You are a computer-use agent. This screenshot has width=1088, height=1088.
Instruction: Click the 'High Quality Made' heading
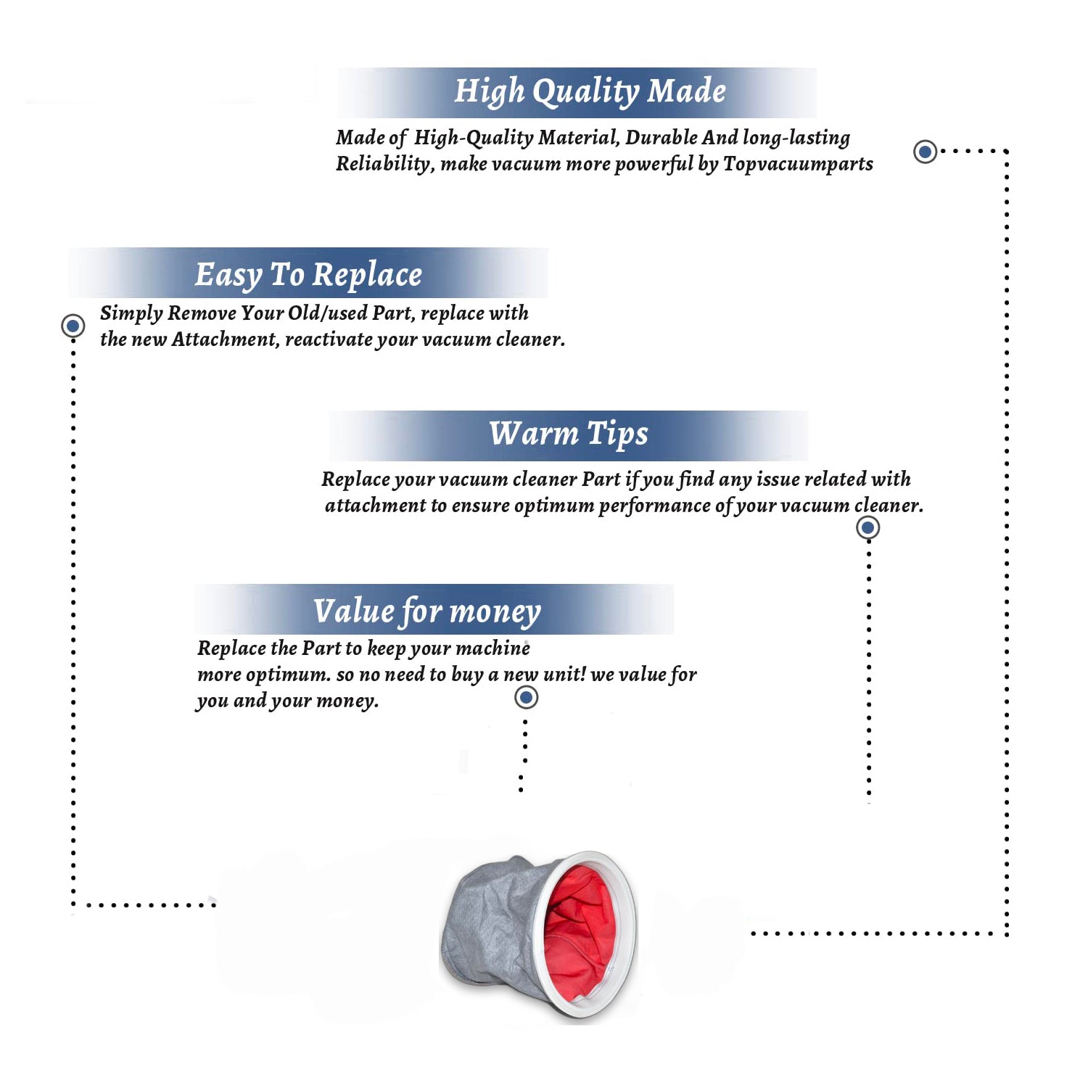pos(590,92)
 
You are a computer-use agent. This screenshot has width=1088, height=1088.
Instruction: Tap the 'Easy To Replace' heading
pos(308,275)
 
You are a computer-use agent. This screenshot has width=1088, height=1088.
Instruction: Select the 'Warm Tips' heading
pos(569,434)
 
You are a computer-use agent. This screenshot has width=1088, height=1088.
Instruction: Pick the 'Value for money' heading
pos(427,611)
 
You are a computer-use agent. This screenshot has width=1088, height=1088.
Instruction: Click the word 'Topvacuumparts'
pos(798,164)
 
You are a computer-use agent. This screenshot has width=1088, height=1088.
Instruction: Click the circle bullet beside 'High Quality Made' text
pos(925,152)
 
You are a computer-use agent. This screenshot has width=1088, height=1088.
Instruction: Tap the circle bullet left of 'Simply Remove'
pos(73,326)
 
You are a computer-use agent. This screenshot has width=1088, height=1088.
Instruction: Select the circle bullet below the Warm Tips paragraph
pos(867,527)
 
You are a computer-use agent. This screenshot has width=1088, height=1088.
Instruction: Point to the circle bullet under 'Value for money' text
pos(526,698)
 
